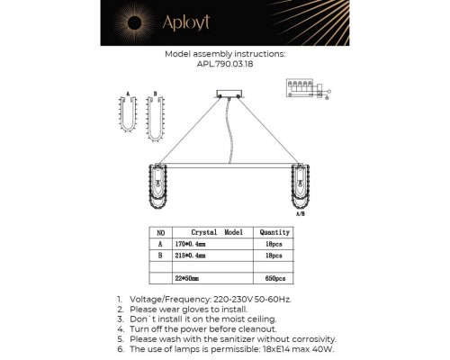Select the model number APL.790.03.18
[x=225, y=64]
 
